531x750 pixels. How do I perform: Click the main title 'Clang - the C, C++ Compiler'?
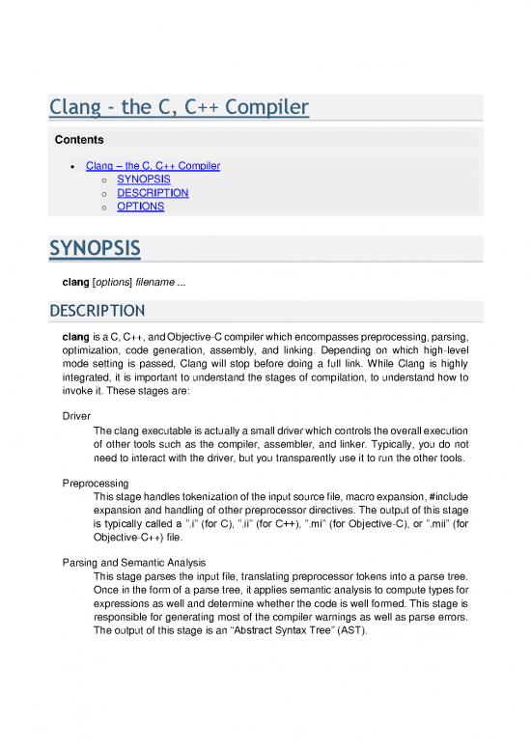click(x=179, y=107)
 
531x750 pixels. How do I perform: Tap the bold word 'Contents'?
click(x=78, y=140)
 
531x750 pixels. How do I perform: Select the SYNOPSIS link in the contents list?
click(x=143, y=180)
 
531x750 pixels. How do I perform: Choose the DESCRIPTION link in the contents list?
click(x=153, y=193)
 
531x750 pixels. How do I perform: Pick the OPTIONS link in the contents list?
click(x=140, y=207)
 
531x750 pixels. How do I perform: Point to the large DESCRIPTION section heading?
click(x=98, y=311)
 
